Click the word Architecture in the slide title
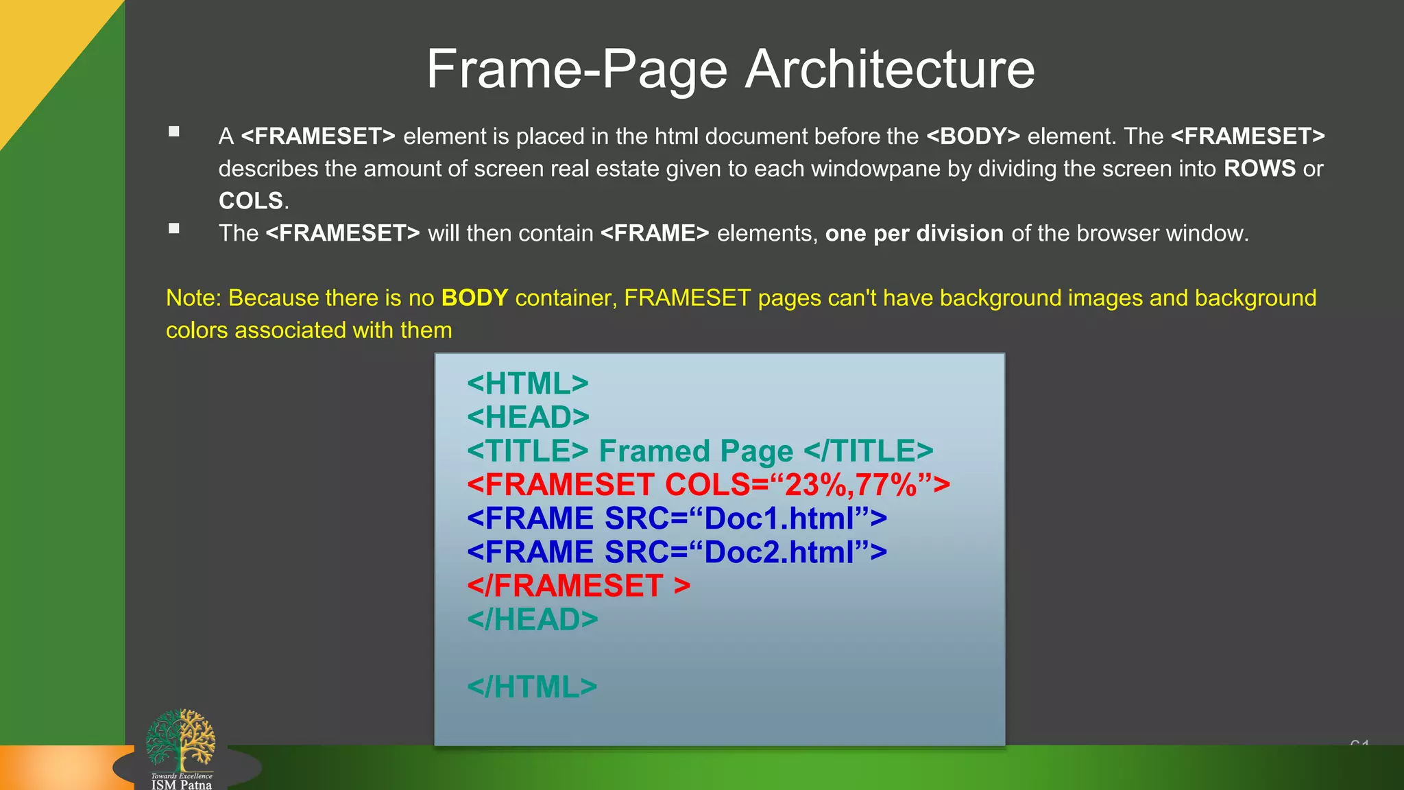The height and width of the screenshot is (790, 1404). pos(889,69)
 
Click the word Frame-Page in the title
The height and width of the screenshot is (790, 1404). pos(577,69)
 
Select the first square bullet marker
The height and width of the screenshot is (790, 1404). pos(174,132)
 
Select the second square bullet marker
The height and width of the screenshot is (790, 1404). pos(174,228)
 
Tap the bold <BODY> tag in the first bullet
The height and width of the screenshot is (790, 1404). pos(973,136)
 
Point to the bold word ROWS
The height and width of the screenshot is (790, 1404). pos(1259,169)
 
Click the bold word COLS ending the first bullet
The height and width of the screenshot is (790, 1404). pos(251,201)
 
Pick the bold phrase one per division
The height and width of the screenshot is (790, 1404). pos(914,234)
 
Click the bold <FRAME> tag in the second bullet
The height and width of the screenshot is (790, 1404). pos(655,234)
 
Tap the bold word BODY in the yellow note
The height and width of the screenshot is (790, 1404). pos(474,298)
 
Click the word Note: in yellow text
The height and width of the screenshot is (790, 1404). pos(194,298)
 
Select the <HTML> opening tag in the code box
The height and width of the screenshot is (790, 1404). pos(527,383)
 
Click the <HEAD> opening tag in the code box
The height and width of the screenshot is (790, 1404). pos(528,417)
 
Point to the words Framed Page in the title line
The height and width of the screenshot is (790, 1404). pos(695,451)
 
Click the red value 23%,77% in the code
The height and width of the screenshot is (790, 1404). pos(851,485)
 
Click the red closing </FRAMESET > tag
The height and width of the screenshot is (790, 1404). pos(578,586)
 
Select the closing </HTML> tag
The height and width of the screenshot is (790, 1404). pos(532,687)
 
